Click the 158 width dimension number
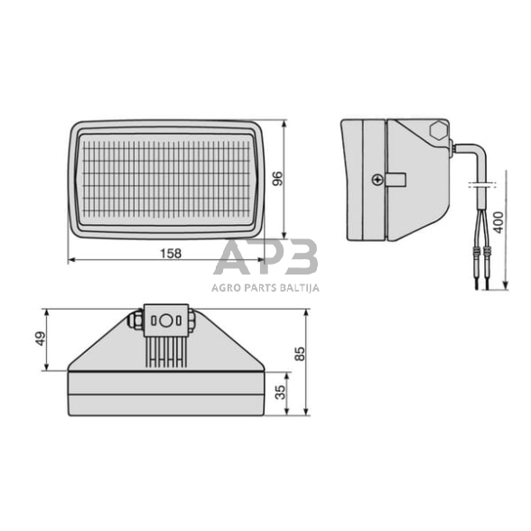click(170, 253)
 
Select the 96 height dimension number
click(279, 178)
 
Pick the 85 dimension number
click(302, 354)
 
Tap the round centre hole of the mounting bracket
click(165, 320)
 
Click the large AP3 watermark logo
click(265, 259)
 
